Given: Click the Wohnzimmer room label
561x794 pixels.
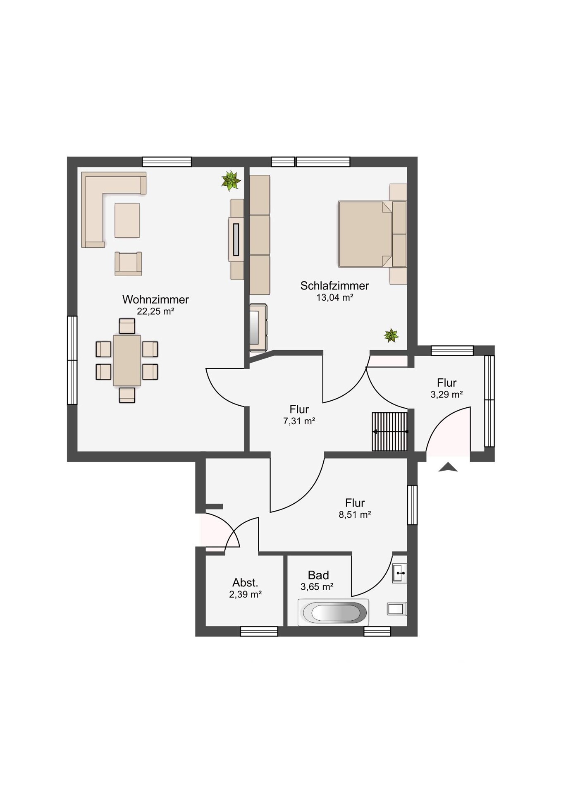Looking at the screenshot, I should tap(155, 299).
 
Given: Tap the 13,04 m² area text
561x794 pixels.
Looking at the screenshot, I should tap(334, 297).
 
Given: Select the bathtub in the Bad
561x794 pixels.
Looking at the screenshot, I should tap(333, 612).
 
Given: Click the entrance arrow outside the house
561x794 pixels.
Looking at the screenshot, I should tap(448, 467).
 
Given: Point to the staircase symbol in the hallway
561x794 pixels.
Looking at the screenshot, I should tap(390, 431).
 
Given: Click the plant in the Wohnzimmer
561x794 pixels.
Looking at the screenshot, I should tap(231, 181).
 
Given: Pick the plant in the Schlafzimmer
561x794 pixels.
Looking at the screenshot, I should tap(391, 335).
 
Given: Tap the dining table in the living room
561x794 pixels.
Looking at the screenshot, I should tap(127, 360).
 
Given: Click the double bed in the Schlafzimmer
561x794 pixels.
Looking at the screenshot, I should tap(365, 234).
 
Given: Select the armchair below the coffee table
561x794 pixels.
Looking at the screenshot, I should tap(128, 264).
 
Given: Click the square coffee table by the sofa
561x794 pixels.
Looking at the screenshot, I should tap(127, 220).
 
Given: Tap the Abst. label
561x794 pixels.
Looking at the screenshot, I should tap(245, 583).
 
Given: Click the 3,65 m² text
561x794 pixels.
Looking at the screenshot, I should tap(317, 587).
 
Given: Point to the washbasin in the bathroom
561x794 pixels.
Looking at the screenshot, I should tap(400, 573).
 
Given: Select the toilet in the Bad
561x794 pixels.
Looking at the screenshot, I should tap(396, 609).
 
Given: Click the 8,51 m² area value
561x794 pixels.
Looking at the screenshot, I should tap(355, 515).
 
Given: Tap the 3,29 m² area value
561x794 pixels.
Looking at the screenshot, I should tap(446, 395).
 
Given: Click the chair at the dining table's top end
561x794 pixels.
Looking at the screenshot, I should tap(127, 326).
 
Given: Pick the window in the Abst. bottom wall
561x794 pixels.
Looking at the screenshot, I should tap(259, 631).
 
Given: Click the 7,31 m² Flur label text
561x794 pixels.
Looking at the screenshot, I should tap(299, 421).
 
